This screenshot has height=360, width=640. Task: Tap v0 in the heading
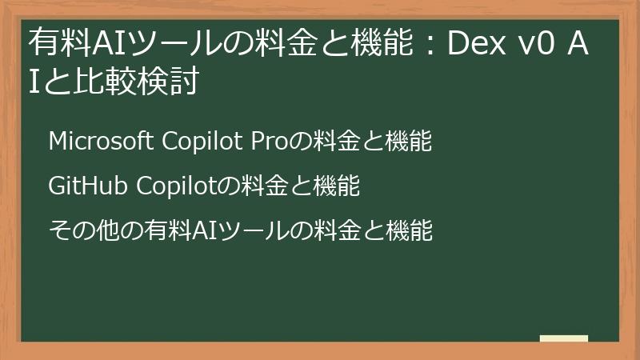tap(540, 45)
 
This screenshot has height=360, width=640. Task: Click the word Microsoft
tap(101, 142)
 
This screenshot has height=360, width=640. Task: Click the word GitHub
tap(85, 186)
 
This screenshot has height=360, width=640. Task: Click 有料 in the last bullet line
tap(165, 231)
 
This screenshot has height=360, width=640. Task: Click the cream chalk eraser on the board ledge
tap(564, 338)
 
